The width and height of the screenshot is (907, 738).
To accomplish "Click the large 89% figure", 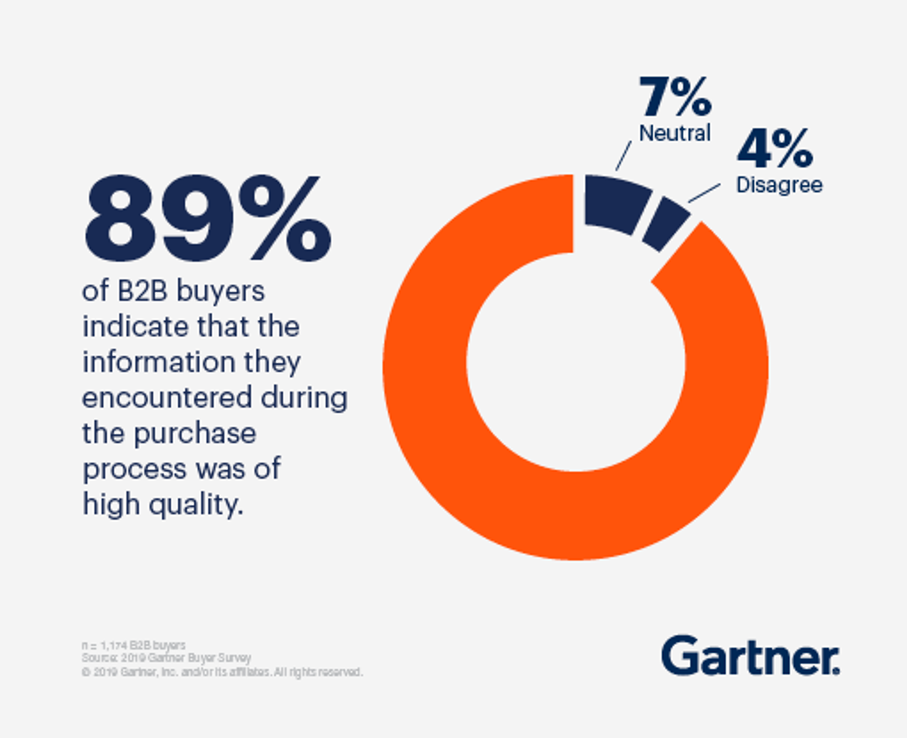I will click(207, 219).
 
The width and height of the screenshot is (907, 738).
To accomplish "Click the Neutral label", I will click(675, 133).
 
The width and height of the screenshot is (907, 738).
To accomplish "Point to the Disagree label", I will click(779, 185).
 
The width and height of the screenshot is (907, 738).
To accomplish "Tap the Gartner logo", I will click(750, 656).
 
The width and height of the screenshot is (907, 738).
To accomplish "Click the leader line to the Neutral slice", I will click(624, 156).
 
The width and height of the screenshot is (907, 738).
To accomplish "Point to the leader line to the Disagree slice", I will click(704, 193).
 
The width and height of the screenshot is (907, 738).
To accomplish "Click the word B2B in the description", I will click(142, 291).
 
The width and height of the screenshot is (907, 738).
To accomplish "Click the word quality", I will click(196, 505).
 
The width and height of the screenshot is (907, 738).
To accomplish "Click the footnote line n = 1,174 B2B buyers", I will click(134, 645).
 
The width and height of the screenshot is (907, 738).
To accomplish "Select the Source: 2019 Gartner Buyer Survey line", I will click(166, 658).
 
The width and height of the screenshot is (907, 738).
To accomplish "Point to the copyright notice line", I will click(222, 672).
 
